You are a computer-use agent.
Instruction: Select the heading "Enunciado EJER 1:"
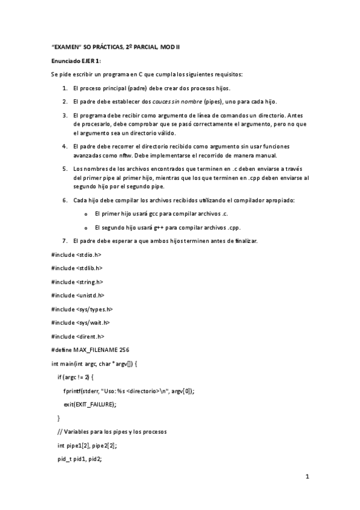tap(76, 61)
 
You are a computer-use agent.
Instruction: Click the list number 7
tap(65, 241)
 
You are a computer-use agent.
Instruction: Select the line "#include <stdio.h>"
tap(76, 254)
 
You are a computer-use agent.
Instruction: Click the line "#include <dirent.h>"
tap(78, 336)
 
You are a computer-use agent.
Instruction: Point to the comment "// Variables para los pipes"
tap(107, 431)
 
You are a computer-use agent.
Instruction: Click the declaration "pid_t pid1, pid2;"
tap(82, 458)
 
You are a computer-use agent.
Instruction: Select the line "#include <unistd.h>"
tap(78, 295)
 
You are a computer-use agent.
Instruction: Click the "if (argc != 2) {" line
tap(76, 376)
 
